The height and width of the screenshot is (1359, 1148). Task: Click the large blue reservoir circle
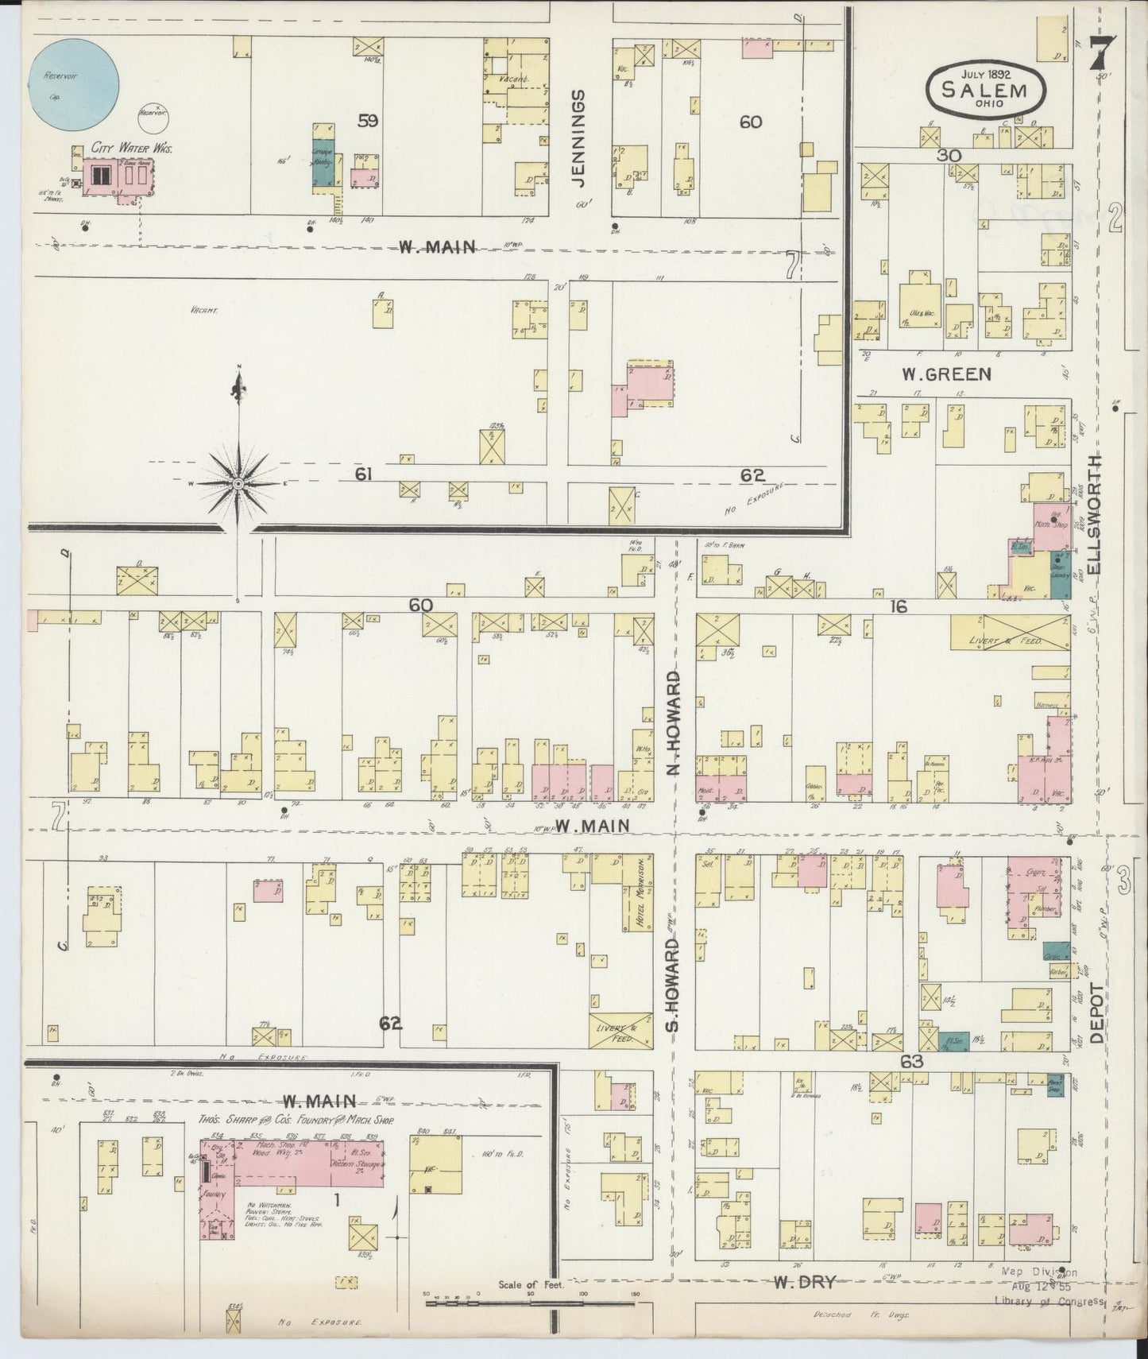[74, 83]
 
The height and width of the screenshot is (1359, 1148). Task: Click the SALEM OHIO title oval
[984, 88]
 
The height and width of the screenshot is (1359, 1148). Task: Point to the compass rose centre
[238, 483]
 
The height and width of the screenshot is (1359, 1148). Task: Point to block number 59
[367, 121]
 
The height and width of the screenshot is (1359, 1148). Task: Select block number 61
[364, 474]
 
